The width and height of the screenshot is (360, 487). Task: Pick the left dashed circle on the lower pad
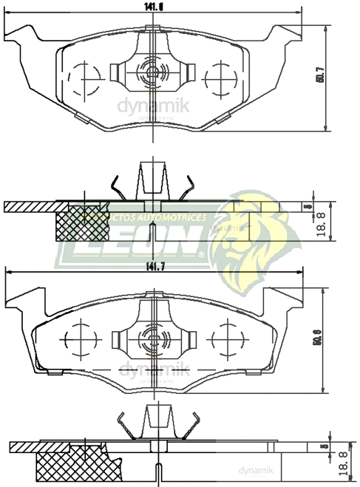[x=81, y=339]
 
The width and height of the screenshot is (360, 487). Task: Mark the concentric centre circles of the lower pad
[x=154, y=339]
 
